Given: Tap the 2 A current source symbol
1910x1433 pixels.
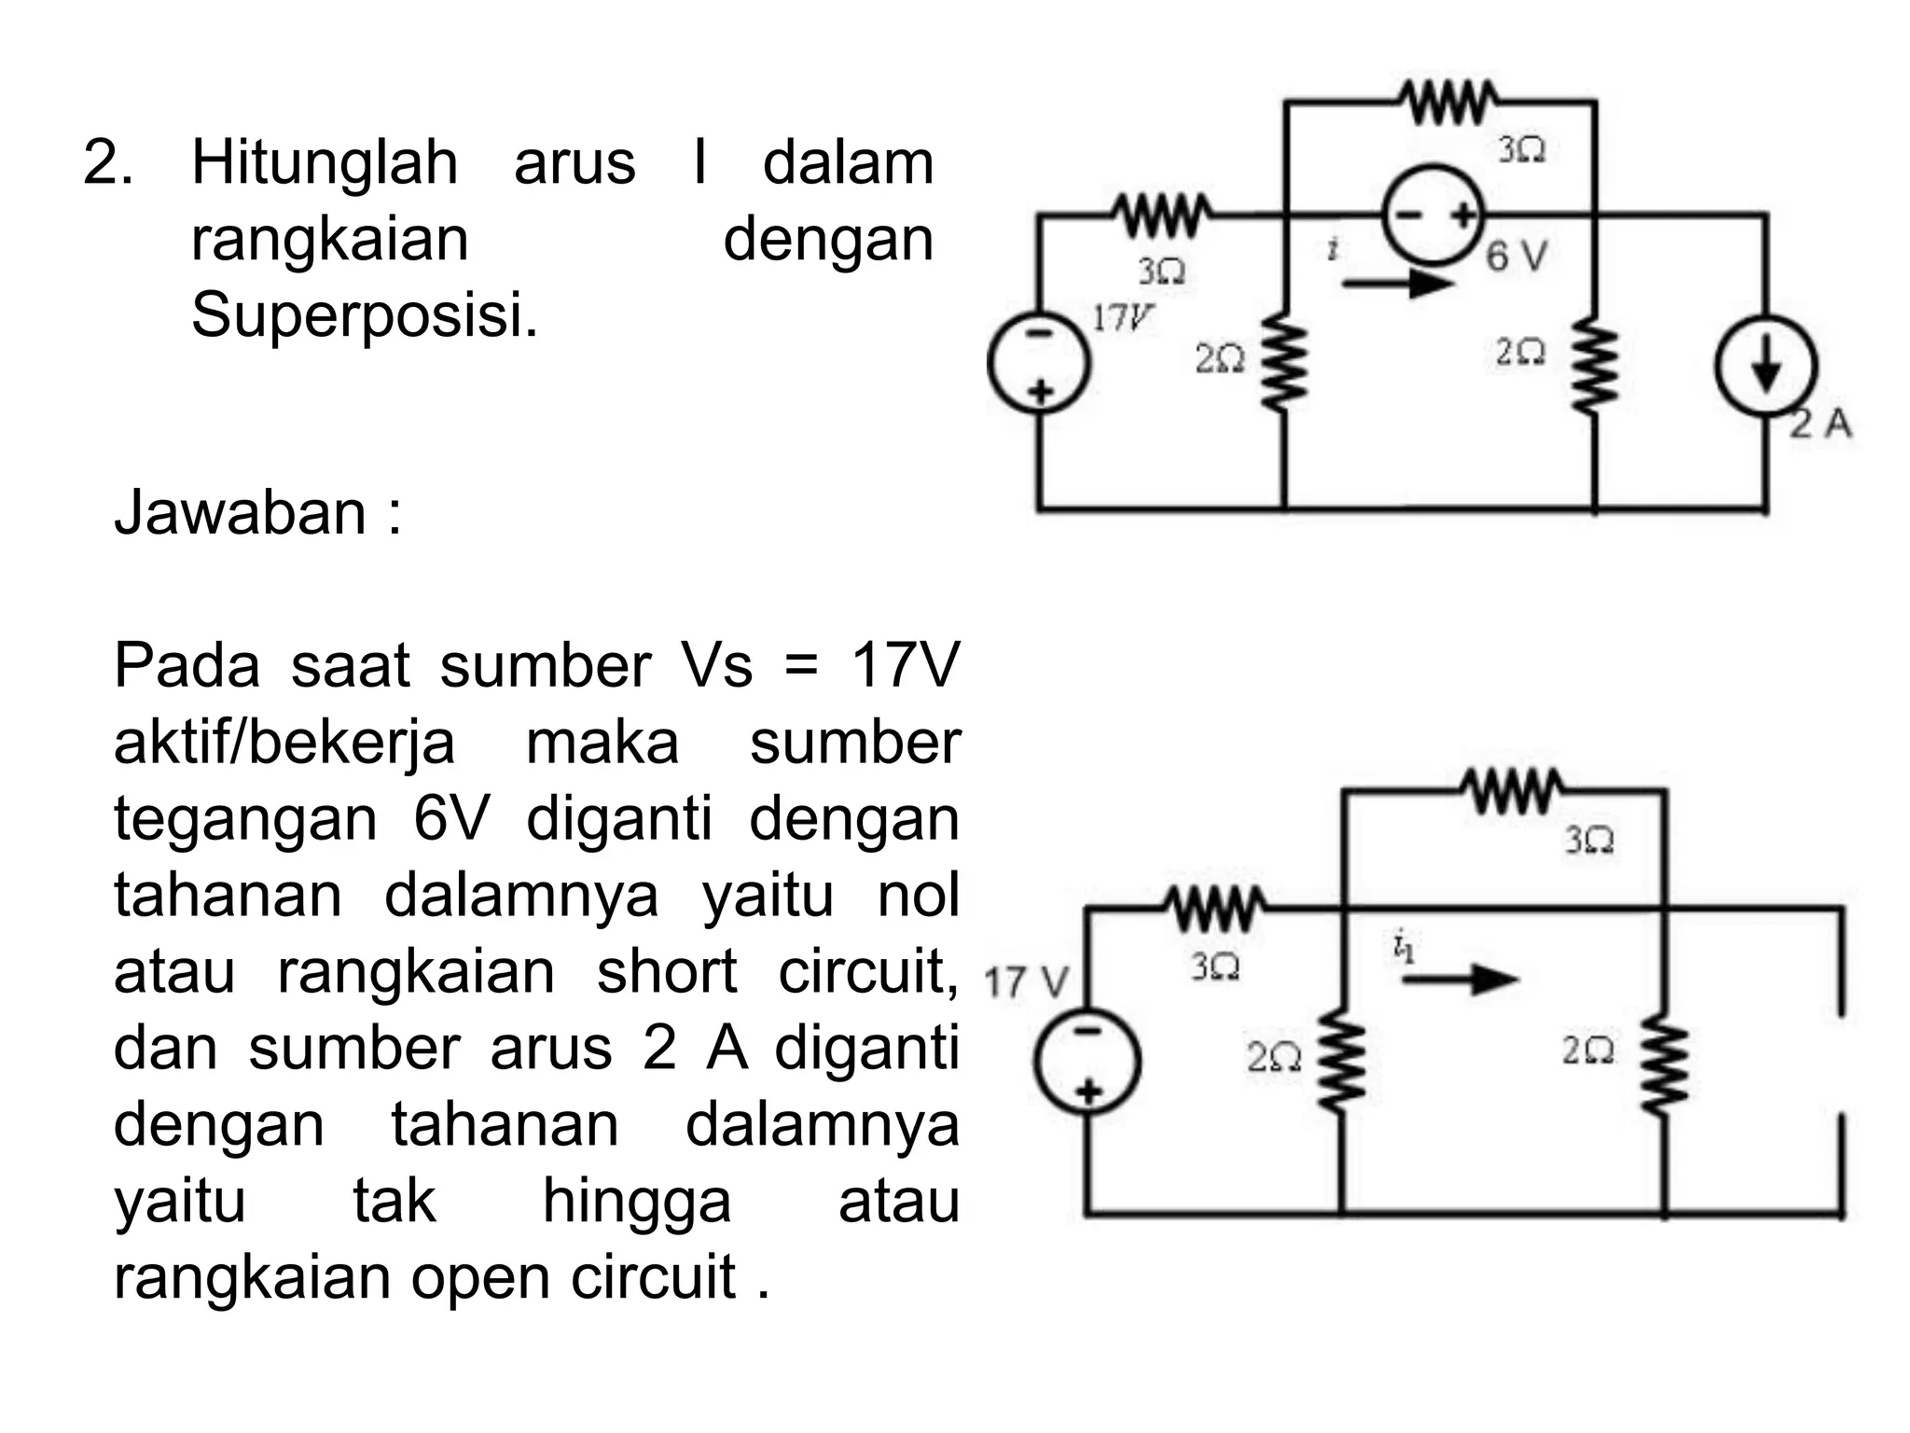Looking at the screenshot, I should (1765, 367).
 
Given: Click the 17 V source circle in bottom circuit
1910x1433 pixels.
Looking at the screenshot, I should (1086, 1061).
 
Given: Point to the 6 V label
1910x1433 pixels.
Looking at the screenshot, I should (1516, 256).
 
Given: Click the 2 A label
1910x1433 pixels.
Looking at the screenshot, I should (1821, 424).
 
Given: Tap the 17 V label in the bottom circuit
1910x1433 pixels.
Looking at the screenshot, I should (1026, 982).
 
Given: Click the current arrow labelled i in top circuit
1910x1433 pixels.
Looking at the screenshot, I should (1396, 281).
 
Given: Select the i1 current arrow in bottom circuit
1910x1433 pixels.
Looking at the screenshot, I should (1460, 979).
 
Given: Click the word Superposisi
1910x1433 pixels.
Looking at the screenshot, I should (365, 314).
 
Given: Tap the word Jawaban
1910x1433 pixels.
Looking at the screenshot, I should (241, 512).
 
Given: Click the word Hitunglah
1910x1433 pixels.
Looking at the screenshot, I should (324, 162).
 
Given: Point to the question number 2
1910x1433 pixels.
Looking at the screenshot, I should (105, 162).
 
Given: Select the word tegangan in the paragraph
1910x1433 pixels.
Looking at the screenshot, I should (245, 818).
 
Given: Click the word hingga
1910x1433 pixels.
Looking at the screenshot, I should (636, 1201).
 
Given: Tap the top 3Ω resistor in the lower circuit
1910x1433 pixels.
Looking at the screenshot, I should (1515, 792).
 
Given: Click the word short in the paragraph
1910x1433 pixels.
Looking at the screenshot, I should (667, 971).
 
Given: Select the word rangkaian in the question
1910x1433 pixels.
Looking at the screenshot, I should (329, 239).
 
